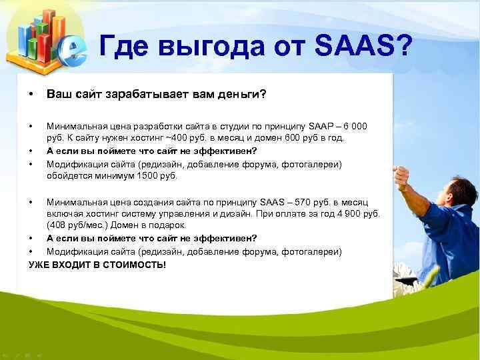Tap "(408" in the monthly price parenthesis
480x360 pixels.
pos(56,226)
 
